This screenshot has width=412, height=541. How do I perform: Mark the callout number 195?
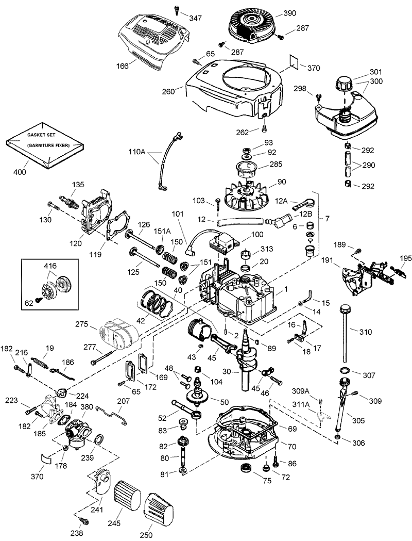pos(405,257)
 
